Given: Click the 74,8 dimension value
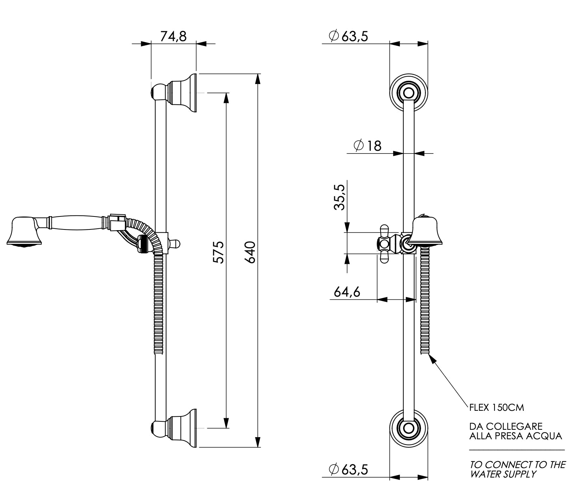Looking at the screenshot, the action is [173, 36].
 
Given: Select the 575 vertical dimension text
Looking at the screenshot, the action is [218, 252].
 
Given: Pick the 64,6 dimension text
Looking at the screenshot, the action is [347, 292].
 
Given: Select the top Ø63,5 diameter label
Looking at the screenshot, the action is [348, 36].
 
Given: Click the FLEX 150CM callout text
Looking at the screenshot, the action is [497, 408].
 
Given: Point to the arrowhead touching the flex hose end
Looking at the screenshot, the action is [432, 359].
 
